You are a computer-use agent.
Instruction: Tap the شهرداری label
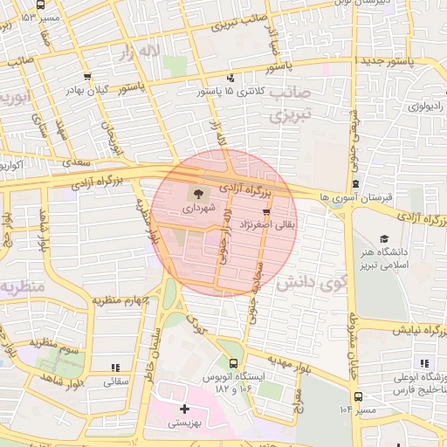[196, 210]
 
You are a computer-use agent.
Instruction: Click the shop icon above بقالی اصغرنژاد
[266, 211]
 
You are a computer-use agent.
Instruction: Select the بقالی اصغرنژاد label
[268, 225]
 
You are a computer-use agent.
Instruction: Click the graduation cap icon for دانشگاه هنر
[384, 238]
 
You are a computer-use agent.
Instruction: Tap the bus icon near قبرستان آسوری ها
[356, 184]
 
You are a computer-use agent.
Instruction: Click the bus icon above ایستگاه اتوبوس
[233, 364]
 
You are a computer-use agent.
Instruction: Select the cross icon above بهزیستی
[184, 409]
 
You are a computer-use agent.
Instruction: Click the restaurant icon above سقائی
[115, 368]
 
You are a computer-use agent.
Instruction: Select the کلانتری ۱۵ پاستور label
[230, 91]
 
